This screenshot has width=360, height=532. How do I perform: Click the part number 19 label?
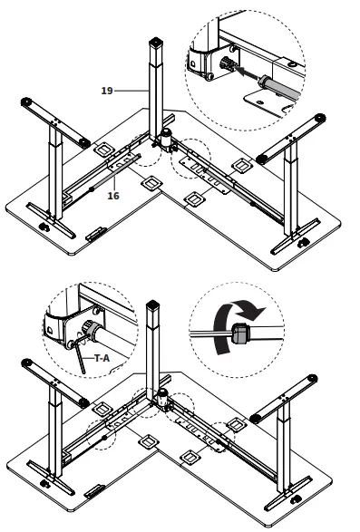[x=107, y=90]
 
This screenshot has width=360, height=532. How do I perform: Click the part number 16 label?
[x=113, y=195]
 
